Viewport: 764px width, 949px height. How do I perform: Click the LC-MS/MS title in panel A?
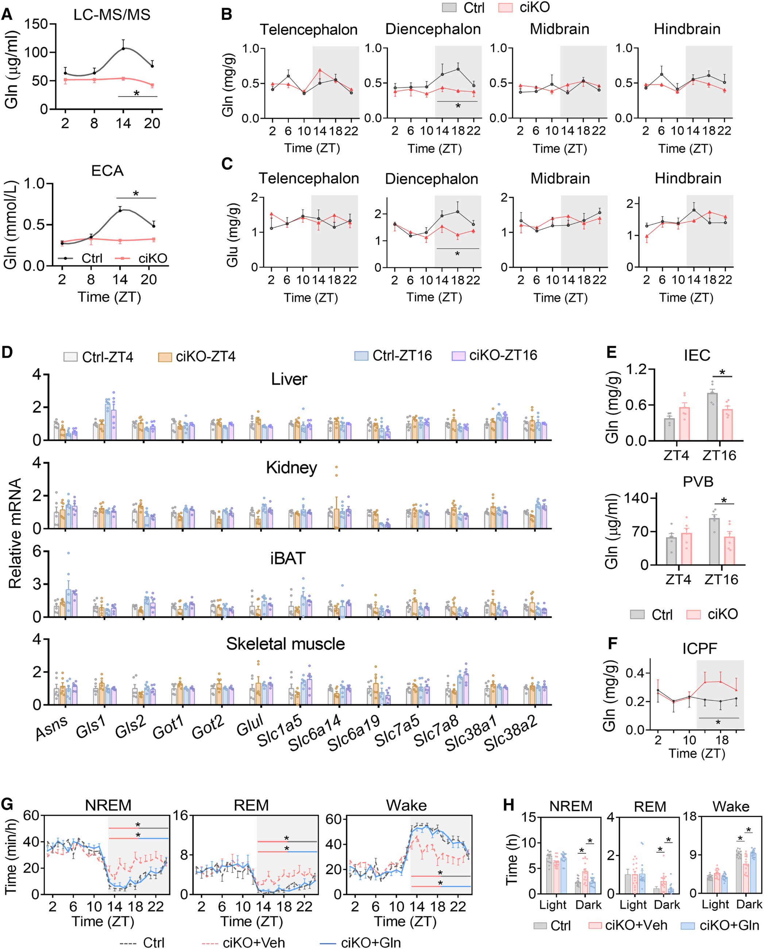pyautogui.click(x=112, y=15)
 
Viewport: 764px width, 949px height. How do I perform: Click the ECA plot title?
pyautogui.click(x=107, y=170)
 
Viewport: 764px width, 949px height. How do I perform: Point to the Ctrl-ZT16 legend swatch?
pyautogui.click(x=361, y=355)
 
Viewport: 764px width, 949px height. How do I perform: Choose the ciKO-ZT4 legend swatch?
pyautogui.click(x=165, y=357)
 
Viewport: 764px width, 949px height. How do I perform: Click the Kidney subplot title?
pyautogui.click(x=292, y=468)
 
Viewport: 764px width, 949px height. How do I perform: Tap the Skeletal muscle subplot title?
pyautogui.click(x=285, y=644)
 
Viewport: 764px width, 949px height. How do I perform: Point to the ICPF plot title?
pyautogui.click(x=700, y=648)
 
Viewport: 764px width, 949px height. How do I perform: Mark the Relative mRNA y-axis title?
pyautogui.click(x=15, y=534)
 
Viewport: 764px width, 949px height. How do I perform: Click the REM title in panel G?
pyautogui.click(x=251, y=805)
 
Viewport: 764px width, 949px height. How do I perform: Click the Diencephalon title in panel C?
pyautogui.click(x=431, y=179)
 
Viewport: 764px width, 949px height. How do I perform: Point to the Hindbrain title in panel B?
pyautogui.click(x=687, y=29)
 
